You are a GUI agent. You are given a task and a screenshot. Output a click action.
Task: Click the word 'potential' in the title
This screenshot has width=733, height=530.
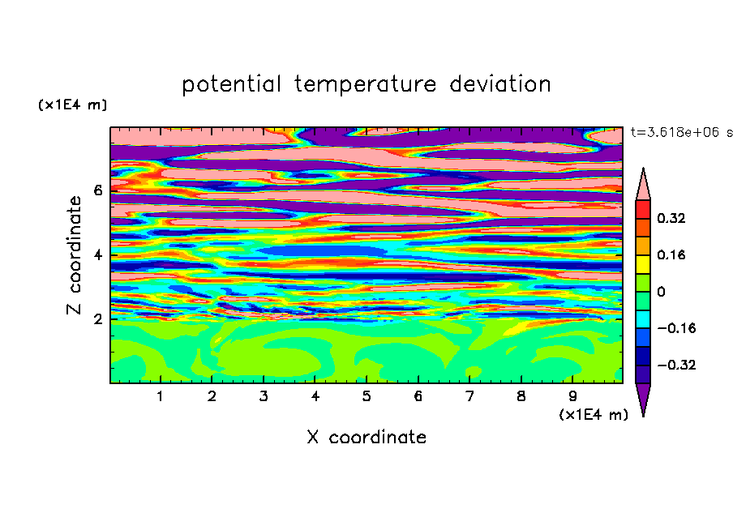(231, 85)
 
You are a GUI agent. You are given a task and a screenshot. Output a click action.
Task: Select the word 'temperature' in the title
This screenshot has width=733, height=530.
(365, 85)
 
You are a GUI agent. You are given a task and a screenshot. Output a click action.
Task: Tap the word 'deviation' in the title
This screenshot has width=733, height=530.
(500, 84)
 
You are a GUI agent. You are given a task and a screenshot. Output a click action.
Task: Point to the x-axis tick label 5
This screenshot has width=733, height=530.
(366, 396)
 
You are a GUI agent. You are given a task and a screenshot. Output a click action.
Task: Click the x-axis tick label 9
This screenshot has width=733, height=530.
(572, 396)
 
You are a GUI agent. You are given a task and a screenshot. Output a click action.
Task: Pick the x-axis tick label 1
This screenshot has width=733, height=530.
(161, 396)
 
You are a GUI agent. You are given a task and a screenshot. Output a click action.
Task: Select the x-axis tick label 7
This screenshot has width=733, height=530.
(469, 396)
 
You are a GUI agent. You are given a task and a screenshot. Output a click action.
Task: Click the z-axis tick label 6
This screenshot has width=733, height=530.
(97, 190)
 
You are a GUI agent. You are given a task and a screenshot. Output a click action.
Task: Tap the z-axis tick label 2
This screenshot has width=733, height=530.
(97, 319)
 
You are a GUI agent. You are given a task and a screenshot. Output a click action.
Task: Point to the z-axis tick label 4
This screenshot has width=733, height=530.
(97, 255)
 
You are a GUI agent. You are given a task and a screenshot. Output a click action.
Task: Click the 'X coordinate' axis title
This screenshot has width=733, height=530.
(367, 438)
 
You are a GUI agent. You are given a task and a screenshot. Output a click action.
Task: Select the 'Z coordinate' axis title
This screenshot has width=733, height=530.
(75, 255)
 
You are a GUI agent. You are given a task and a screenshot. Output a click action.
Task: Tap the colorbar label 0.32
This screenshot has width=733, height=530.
(671, 218)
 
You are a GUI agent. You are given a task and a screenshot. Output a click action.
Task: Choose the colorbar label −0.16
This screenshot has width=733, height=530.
(676, 328)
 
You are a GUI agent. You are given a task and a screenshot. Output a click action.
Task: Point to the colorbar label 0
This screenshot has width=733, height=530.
(661, 292)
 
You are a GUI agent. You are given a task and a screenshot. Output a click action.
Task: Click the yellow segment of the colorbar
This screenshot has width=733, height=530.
(643, 264)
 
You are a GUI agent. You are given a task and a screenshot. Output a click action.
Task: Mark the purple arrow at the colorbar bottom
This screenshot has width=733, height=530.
(643, 396)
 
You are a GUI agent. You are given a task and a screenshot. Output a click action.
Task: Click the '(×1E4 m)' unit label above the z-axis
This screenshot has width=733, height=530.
(72, 105)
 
